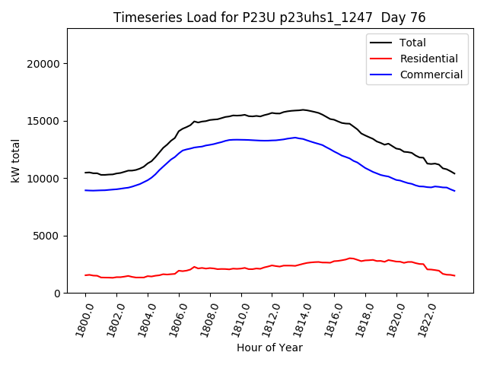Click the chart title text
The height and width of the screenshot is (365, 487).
[x=269, y=17]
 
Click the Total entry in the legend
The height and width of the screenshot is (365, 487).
[x=412, y=43]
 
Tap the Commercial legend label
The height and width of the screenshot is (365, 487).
[x=431, y=75]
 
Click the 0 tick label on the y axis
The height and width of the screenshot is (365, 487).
[x=57, y=294]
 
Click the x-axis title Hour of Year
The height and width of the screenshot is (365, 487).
[x=269, y=348]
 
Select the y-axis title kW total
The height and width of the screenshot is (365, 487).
[x=16, y=160]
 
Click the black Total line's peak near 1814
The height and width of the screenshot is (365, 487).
[x=304, y=109]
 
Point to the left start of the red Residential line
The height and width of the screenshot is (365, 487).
[x=85, y=275]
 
